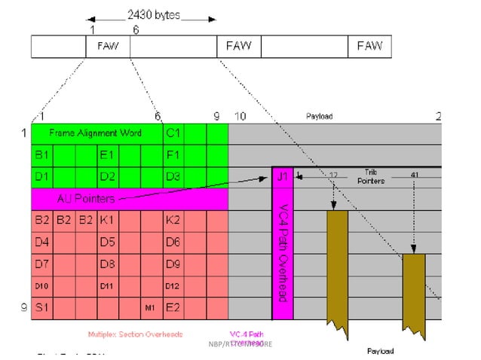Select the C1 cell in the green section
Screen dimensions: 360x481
tap(173, 133)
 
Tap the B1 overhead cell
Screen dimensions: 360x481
tap(41, 156)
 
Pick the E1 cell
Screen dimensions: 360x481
tap(107, 156)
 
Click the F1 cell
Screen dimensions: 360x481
tap(173, 156)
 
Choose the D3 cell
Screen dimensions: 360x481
tap(173, 178)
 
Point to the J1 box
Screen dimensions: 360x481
tap(282, 178)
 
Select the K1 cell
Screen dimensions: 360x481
tap(107, 221)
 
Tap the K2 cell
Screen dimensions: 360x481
tap(173, 221)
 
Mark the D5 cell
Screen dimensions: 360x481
tap(107, 243)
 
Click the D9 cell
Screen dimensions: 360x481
tap(173, 265)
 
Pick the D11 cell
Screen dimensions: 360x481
tap(106, 286)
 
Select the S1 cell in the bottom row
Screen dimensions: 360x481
tap(41, 308)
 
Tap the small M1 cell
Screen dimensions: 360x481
tap(150, 309)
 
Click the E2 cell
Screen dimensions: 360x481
tap(173, 308)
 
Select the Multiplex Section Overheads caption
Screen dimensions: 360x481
tap(135, 334)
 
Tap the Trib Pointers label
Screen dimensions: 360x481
tap(369, 176)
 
